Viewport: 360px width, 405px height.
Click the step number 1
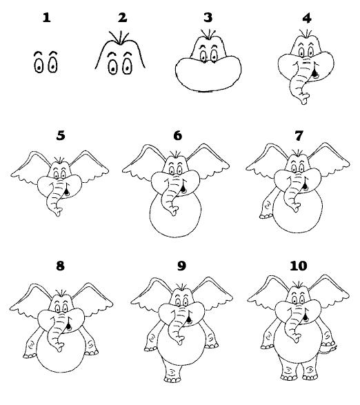[x=47, y=18]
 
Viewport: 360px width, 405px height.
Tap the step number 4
[x=307, y=19]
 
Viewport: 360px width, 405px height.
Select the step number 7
[x=299, y=136]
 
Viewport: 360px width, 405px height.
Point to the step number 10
[x=299, y=266]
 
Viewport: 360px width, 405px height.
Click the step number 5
[x=61, y=136]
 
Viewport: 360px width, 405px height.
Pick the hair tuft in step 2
[x=119, y=37]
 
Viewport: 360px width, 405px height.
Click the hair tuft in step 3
[x=208, y=34]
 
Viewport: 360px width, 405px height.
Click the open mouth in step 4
[x=314, y=73]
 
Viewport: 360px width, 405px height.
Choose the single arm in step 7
[x=268, y=204]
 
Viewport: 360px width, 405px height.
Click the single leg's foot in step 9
[x=172, y=379]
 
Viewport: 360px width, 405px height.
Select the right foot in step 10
[x=310, y=377]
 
